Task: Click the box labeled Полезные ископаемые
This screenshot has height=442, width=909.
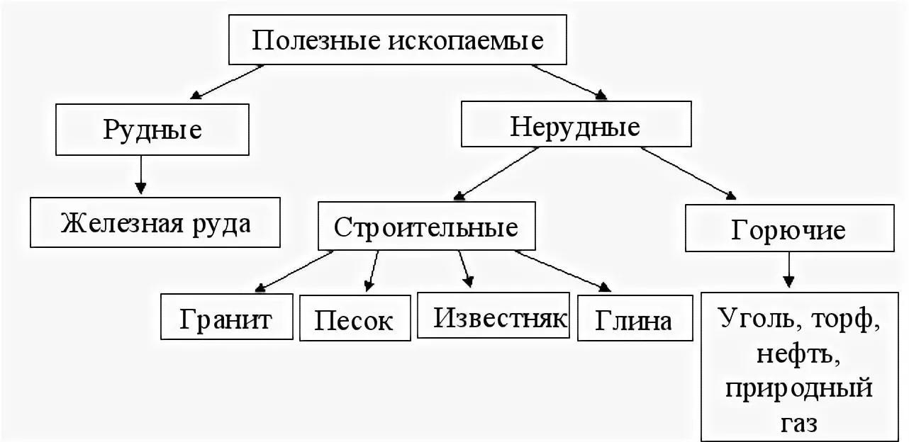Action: [x=398, y=40]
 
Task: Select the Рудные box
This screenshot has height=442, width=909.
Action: [x=152, y=130]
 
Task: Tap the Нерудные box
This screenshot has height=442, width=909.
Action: [x=575, y=127]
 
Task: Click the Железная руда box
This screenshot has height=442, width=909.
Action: [x=155, y=223]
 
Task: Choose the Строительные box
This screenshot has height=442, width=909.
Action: [x=426, y=227]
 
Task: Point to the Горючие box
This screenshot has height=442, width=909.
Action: [x=788, y=229]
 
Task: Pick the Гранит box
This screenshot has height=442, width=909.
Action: [x=226, y=319]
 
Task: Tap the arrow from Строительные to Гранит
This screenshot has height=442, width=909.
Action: [x=294, y=271]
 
